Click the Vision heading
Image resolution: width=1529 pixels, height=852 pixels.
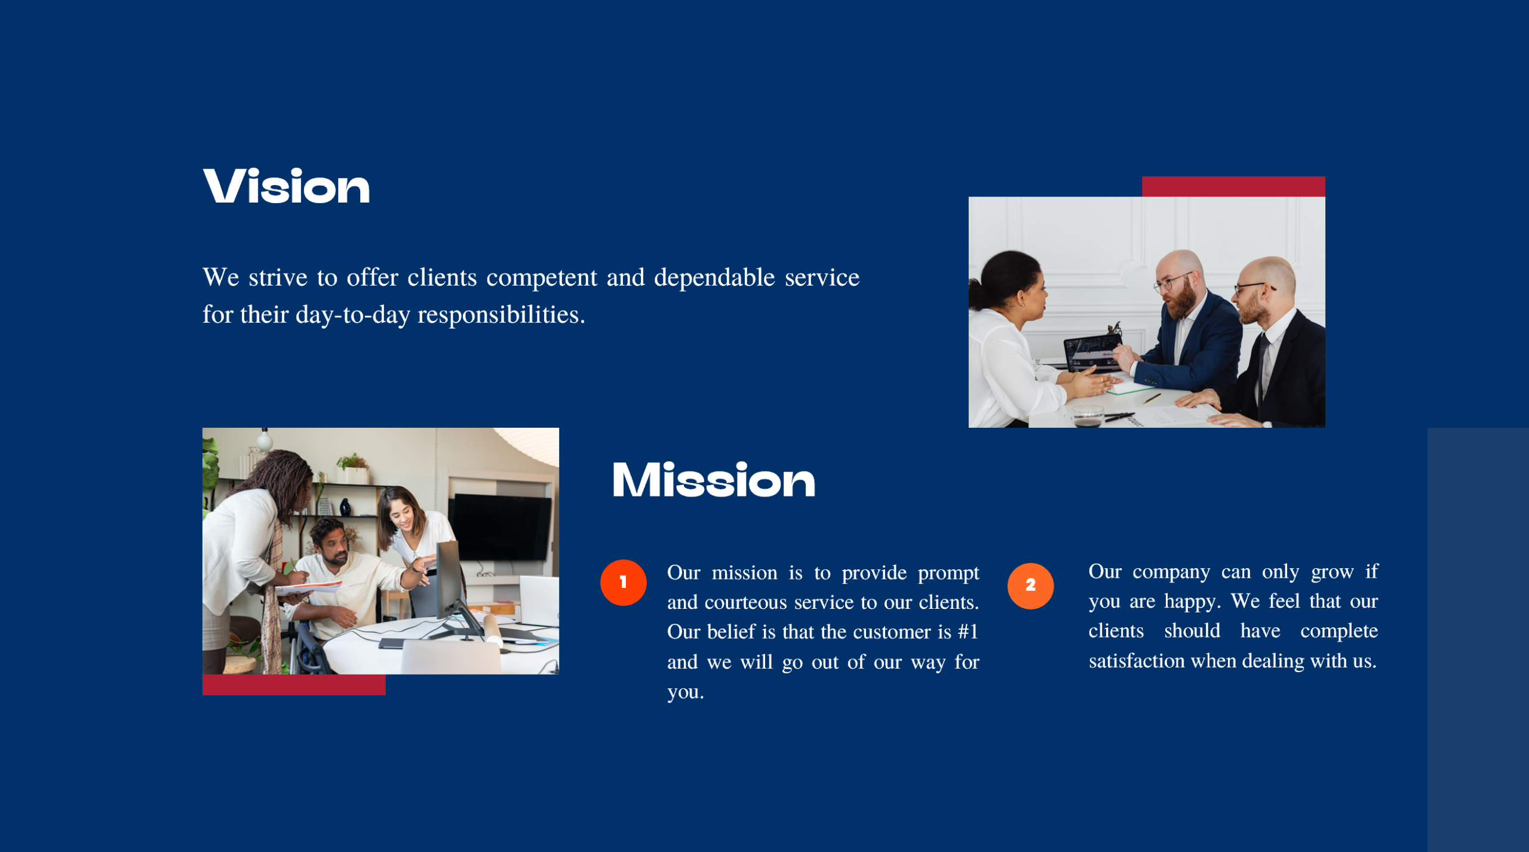286,186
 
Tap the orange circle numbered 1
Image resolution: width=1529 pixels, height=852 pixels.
623,583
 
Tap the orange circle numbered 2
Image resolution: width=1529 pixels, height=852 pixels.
1030,586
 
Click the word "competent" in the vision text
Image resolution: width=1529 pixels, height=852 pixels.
541,278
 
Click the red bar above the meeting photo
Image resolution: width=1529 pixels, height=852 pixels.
1233,186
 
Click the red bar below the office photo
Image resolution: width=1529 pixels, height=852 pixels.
294,685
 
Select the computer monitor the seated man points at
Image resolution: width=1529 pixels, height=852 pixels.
450,577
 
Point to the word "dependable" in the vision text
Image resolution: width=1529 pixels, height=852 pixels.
714,278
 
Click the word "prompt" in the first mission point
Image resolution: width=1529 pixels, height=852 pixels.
948,573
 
